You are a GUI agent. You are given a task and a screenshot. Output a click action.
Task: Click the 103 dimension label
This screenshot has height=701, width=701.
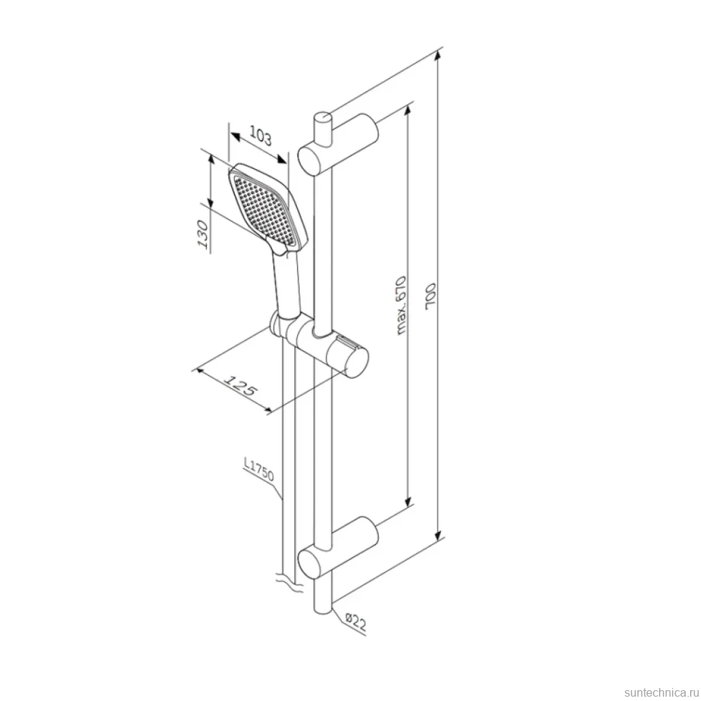pyautogui.click(x=260, y=136)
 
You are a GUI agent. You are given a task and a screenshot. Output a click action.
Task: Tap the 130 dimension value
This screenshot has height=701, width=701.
pyautogui.click(x=203, y=234)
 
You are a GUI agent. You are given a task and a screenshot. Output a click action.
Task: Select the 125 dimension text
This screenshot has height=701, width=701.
pyautogui.click(x=240, y=385)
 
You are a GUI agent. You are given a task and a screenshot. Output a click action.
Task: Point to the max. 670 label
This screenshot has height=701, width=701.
pyautogui.click(x=401, y=306)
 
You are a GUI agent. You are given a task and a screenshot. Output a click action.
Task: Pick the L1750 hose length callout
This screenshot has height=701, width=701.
pyautogui.click(x=259, y=469)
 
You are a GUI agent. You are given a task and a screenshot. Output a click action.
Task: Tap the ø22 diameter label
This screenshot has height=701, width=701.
pyautogui.click(x=356, y=622)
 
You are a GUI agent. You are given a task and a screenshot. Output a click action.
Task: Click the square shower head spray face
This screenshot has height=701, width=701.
pyautogui.click(x=264, y=210)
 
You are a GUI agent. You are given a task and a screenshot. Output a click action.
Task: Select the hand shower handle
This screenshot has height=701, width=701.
pyautogui.click(x=285, y=285)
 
